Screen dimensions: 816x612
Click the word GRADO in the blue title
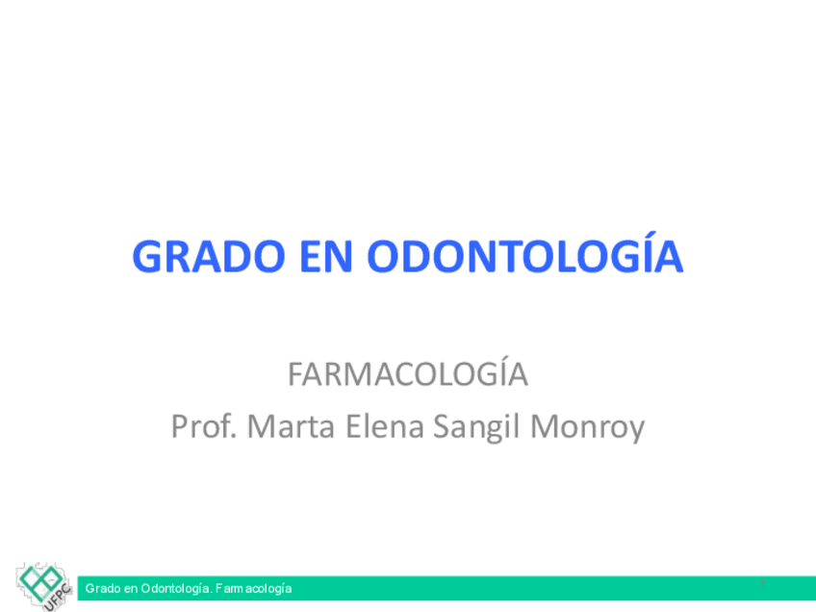point(209,256)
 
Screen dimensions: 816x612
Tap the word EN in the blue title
point(327,256)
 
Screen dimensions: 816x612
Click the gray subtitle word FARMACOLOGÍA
point(408,372)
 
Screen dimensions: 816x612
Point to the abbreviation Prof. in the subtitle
point(204,425)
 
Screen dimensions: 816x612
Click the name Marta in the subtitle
point(291,425)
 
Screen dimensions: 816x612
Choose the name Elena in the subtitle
point(385,425)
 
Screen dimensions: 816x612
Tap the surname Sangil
point(476,427)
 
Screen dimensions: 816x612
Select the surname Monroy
point(588,428)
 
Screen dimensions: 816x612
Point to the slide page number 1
point(763,583)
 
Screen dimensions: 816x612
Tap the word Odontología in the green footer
point(176,589)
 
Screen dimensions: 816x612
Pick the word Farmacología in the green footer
point(253,589)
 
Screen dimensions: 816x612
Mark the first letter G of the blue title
point(148,256)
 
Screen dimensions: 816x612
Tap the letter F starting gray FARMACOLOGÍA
point(296,374)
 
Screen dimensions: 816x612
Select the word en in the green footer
point(131,590)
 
